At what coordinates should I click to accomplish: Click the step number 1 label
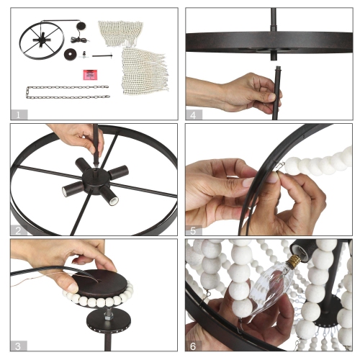(18, 115)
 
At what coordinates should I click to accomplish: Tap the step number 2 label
(18, 231)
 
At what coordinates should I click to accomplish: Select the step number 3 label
(18, 346)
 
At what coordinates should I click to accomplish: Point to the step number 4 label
(193, 115)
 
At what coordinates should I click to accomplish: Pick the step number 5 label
(193, 231)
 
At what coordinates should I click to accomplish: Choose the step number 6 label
(193, 346)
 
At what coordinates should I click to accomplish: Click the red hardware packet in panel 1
(90, 75)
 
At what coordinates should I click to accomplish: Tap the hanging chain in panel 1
(68, 92)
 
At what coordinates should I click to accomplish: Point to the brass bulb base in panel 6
(294, 261)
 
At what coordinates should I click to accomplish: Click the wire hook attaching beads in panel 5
(280, 167)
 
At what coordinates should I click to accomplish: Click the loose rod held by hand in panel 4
(277, 93)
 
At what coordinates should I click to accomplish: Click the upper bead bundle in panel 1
(120, 33)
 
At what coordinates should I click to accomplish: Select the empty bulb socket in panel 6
(303, 251)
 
